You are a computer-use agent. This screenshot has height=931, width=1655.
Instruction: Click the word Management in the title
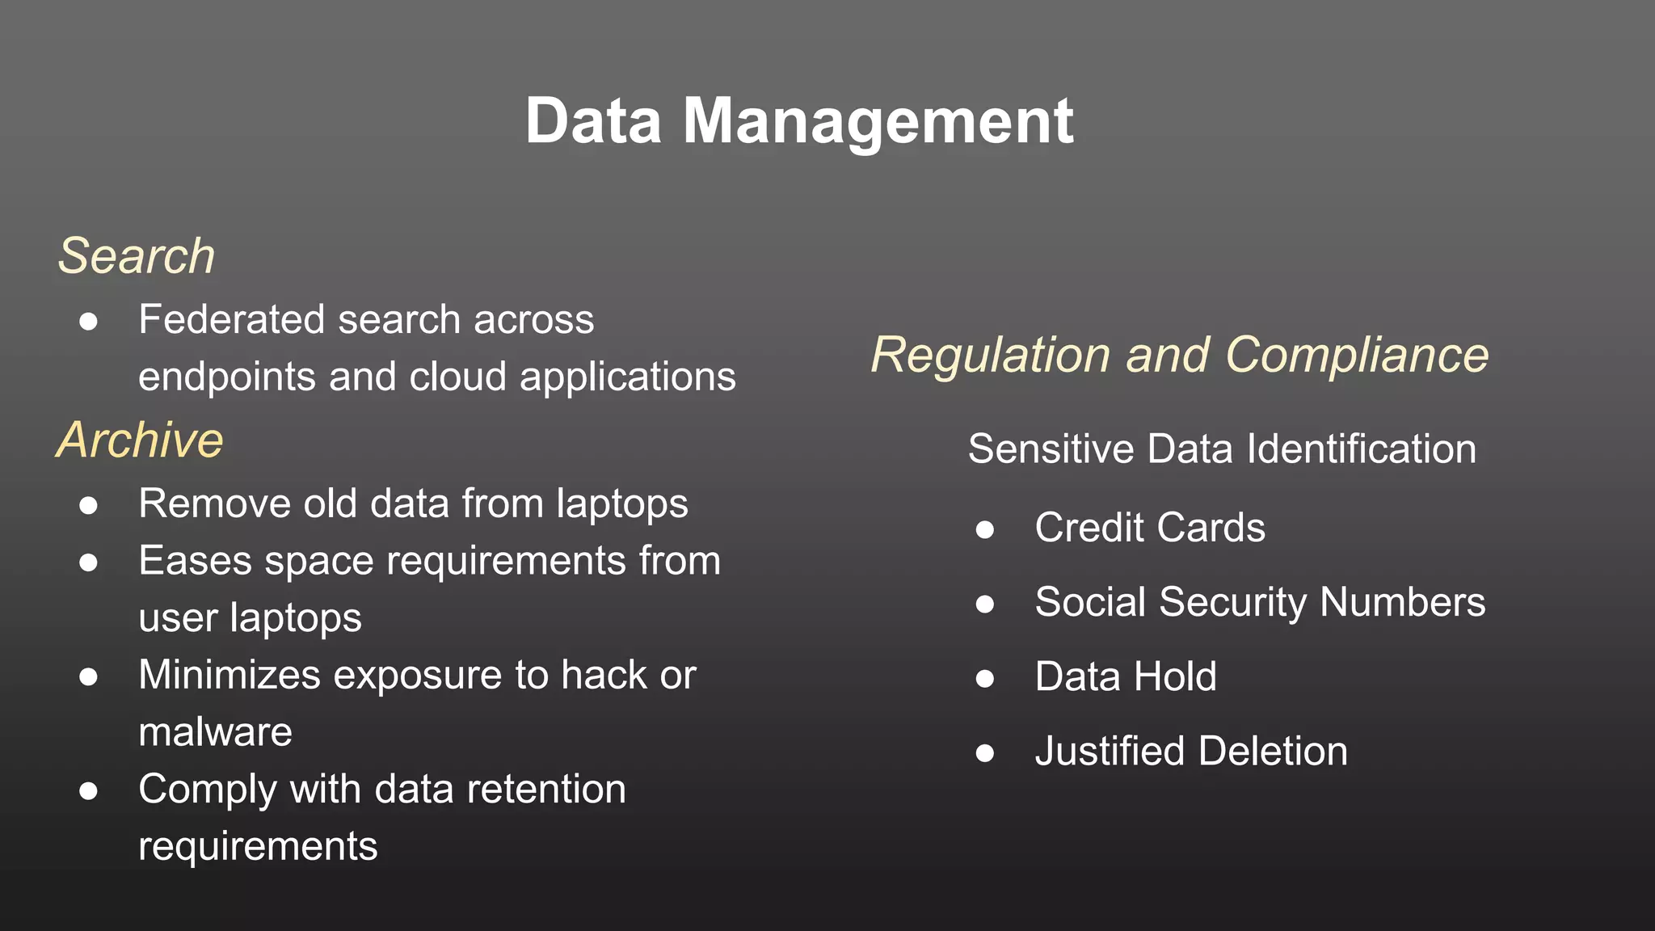pos(878,121)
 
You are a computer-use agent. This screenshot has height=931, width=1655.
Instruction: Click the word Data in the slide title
pos(594,121)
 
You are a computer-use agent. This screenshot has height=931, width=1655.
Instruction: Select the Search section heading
pos(137,256)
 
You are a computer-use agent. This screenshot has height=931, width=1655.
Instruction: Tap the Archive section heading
pos(140,440)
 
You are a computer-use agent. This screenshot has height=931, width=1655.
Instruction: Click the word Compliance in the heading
pos(1357,355)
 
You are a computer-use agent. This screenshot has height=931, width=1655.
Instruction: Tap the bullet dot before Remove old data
pos(89,506)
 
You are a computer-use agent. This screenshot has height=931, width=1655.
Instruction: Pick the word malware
pos(215,732)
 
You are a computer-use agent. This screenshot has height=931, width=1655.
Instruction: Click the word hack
pos(604,675)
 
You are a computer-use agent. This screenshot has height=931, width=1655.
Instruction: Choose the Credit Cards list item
pos(1150,528)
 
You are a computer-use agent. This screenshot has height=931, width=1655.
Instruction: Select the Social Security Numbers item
pos(1260,602)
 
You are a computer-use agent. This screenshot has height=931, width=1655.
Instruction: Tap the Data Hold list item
pos(1126,676)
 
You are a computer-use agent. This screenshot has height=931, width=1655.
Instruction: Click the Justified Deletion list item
pos(1191,751)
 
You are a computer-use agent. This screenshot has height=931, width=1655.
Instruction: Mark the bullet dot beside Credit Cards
pos(984,530)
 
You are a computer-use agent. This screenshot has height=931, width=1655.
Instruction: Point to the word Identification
pos(1362,449)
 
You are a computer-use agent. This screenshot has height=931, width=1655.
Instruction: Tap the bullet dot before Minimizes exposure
pos(89,677)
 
